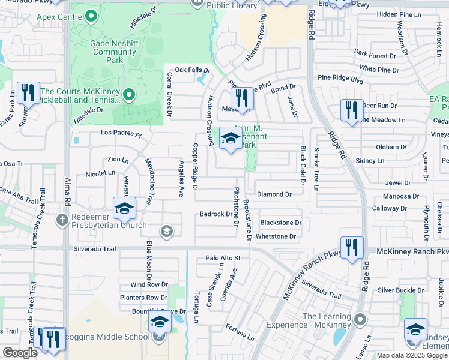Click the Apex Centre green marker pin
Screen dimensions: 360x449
92,16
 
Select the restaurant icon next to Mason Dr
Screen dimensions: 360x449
241,98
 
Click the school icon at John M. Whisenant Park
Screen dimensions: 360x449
229,139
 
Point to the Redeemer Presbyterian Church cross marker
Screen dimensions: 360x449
62,220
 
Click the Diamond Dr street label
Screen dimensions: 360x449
274,194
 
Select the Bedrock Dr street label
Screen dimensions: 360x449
216,214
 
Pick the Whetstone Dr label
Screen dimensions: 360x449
276,236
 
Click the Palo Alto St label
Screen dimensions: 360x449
223,258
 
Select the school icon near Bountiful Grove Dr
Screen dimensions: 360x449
160,323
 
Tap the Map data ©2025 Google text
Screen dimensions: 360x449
412,355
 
